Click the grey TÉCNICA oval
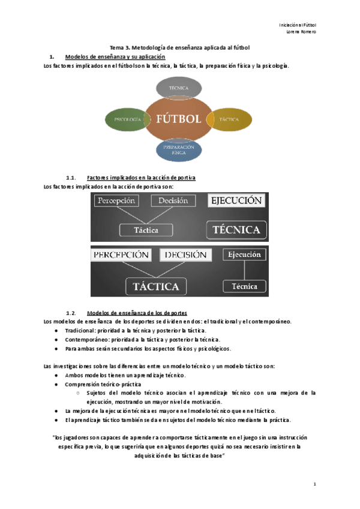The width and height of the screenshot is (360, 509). [178, 88]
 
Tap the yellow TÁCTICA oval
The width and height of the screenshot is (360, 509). [230, 119]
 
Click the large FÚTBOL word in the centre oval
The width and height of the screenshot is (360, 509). [178, 119]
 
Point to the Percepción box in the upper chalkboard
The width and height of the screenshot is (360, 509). [116, 200]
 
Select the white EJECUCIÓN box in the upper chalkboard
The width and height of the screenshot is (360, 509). [236, 200]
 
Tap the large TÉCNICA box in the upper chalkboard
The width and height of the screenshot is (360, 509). [236, 229]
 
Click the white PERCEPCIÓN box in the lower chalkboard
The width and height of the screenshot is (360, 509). [121, 255]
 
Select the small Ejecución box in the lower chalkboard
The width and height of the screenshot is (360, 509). [244, 254]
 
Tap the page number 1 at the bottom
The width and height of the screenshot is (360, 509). [314, 483]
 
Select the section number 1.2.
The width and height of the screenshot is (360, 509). [71, 313]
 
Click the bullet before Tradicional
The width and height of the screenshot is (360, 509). [55, 330]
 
